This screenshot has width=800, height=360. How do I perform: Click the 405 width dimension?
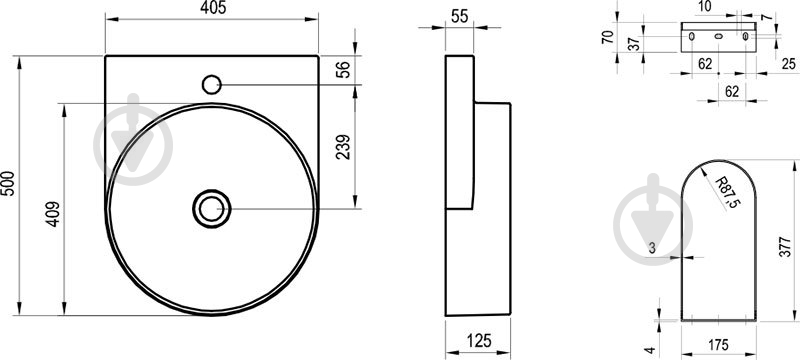pos(212,8)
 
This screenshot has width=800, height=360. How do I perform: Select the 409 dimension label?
pos(54,214)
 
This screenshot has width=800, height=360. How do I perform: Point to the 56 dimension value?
pos(345,69)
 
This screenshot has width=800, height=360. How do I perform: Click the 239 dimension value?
pos(344,147)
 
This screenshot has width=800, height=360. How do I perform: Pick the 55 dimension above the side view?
pos(459,16)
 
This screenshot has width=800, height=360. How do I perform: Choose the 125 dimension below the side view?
pos(478,340)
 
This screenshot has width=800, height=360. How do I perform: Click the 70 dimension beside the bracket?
pos(607,37)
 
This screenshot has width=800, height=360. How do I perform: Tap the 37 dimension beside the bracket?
pos(634,44)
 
